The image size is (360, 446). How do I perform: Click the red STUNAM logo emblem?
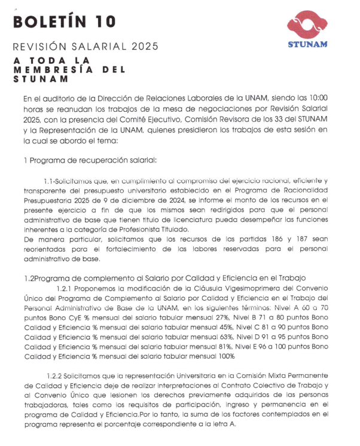[x=307, y=26]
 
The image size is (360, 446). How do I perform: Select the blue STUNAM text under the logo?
[x=307, y=45]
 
